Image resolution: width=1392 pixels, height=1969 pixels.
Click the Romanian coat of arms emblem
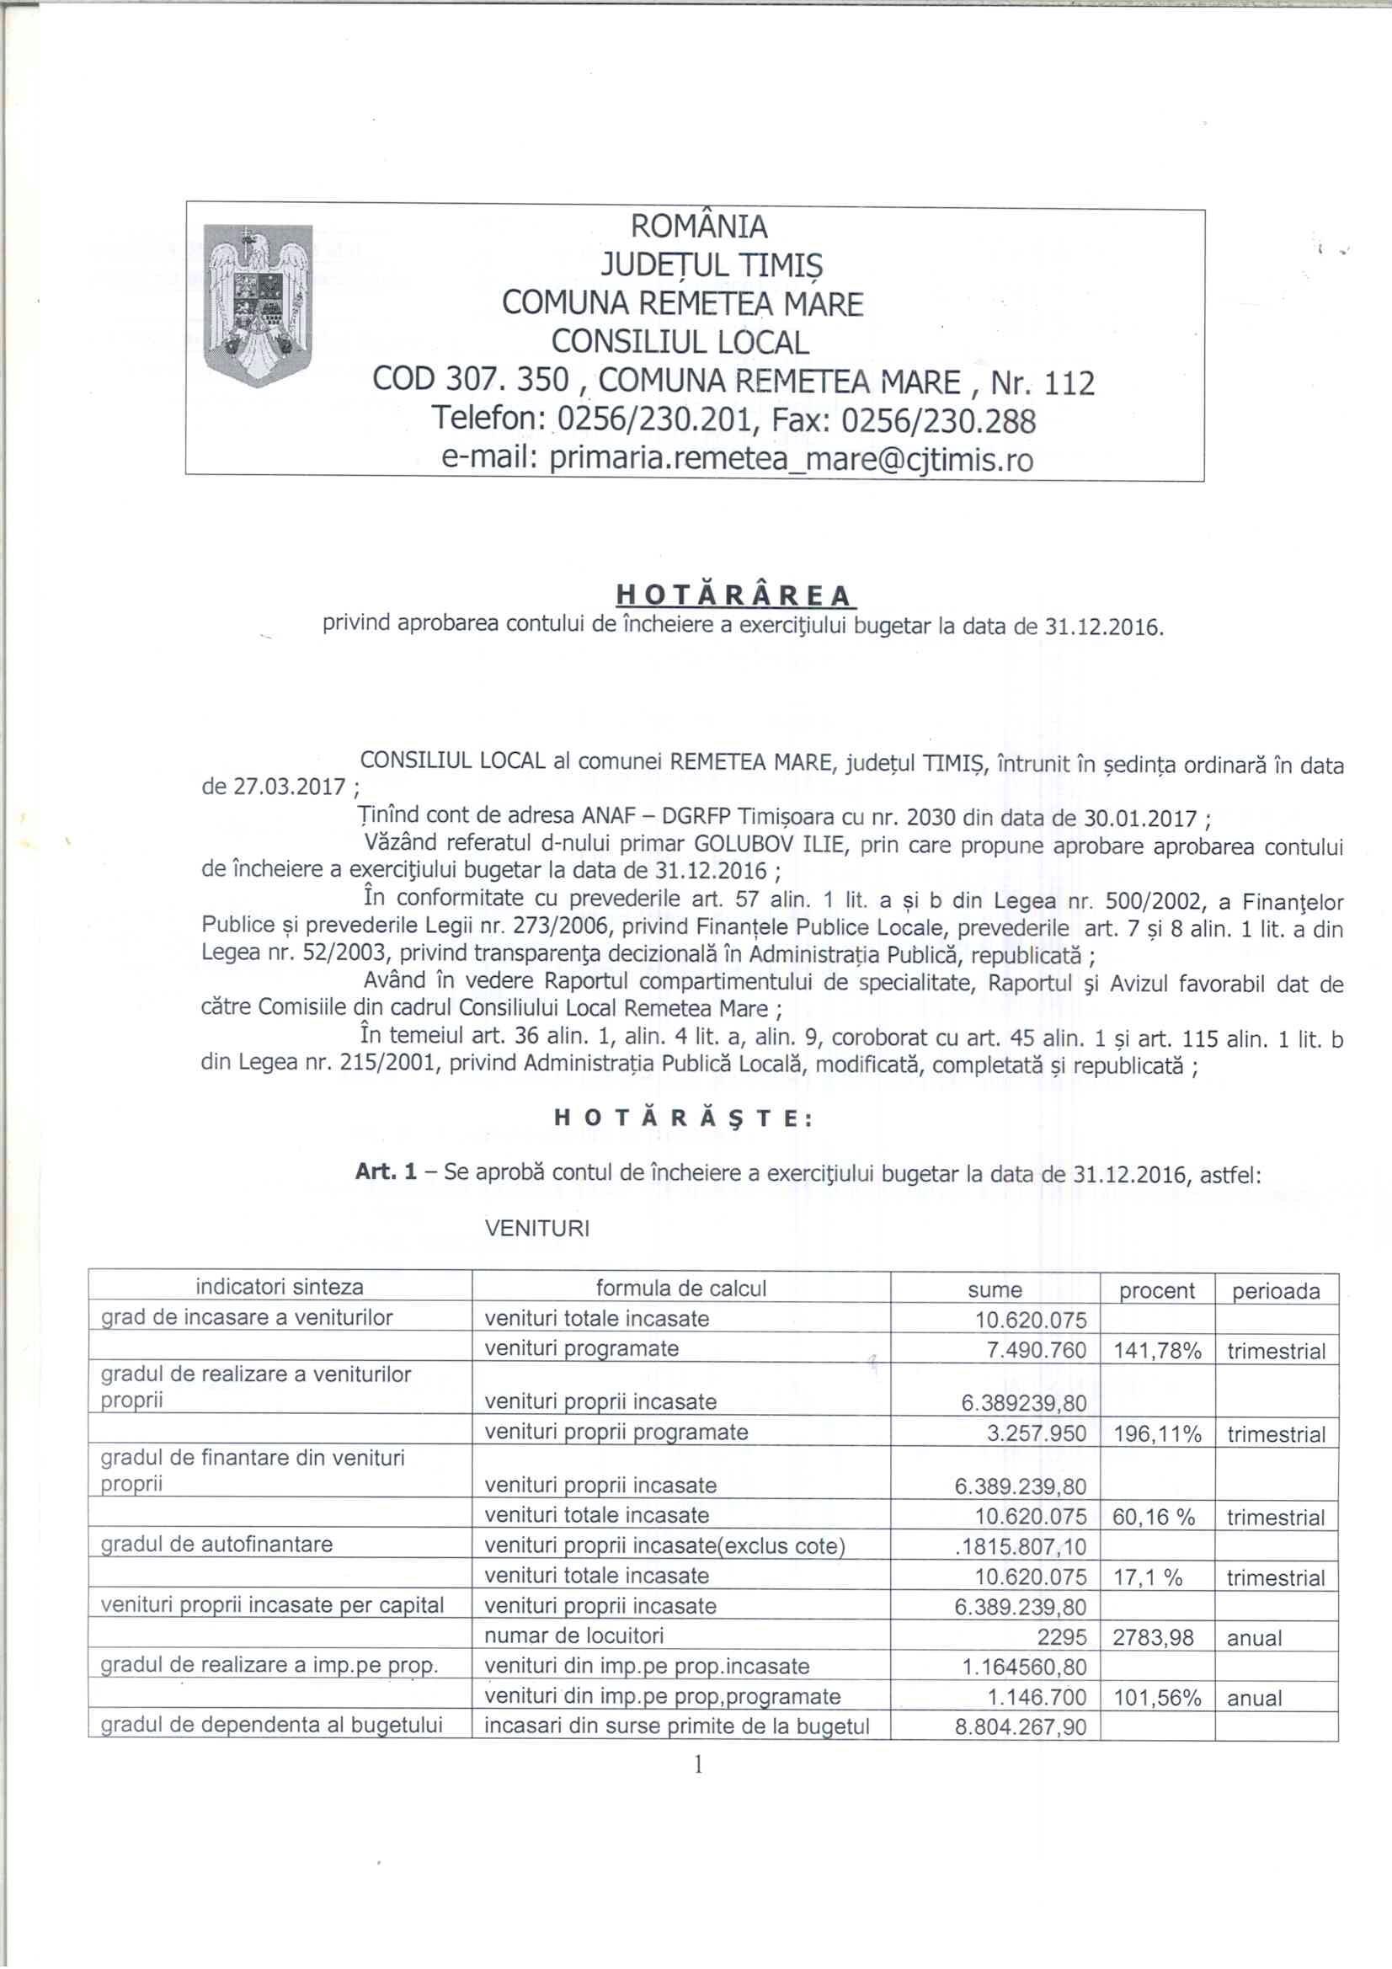(x=259, y=304)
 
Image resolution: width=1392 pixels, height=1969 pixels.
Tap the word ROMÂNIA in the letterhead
(x=699, y=227)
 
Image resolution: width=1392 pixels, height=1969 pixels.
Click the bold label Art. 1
(x=386, y=1172)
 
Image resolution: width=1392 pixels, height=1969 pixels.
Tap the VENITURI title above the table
(x=537, y=1228)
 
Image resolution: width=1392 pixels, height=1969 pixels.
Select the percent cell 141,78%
(x=1157, y=1352)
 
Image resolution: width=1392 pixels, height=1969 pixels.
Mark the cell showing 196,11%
(x=1157, y=1435)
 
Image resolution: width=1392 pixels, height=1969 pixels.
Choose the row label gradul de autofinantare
(x=217, y=1545)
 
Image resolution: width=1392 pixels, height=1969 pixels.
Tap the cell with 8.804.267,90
(x=1021, y=1726)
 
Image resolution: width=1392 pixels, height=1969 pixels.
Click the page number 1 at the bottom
(x=698, y=1764)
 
